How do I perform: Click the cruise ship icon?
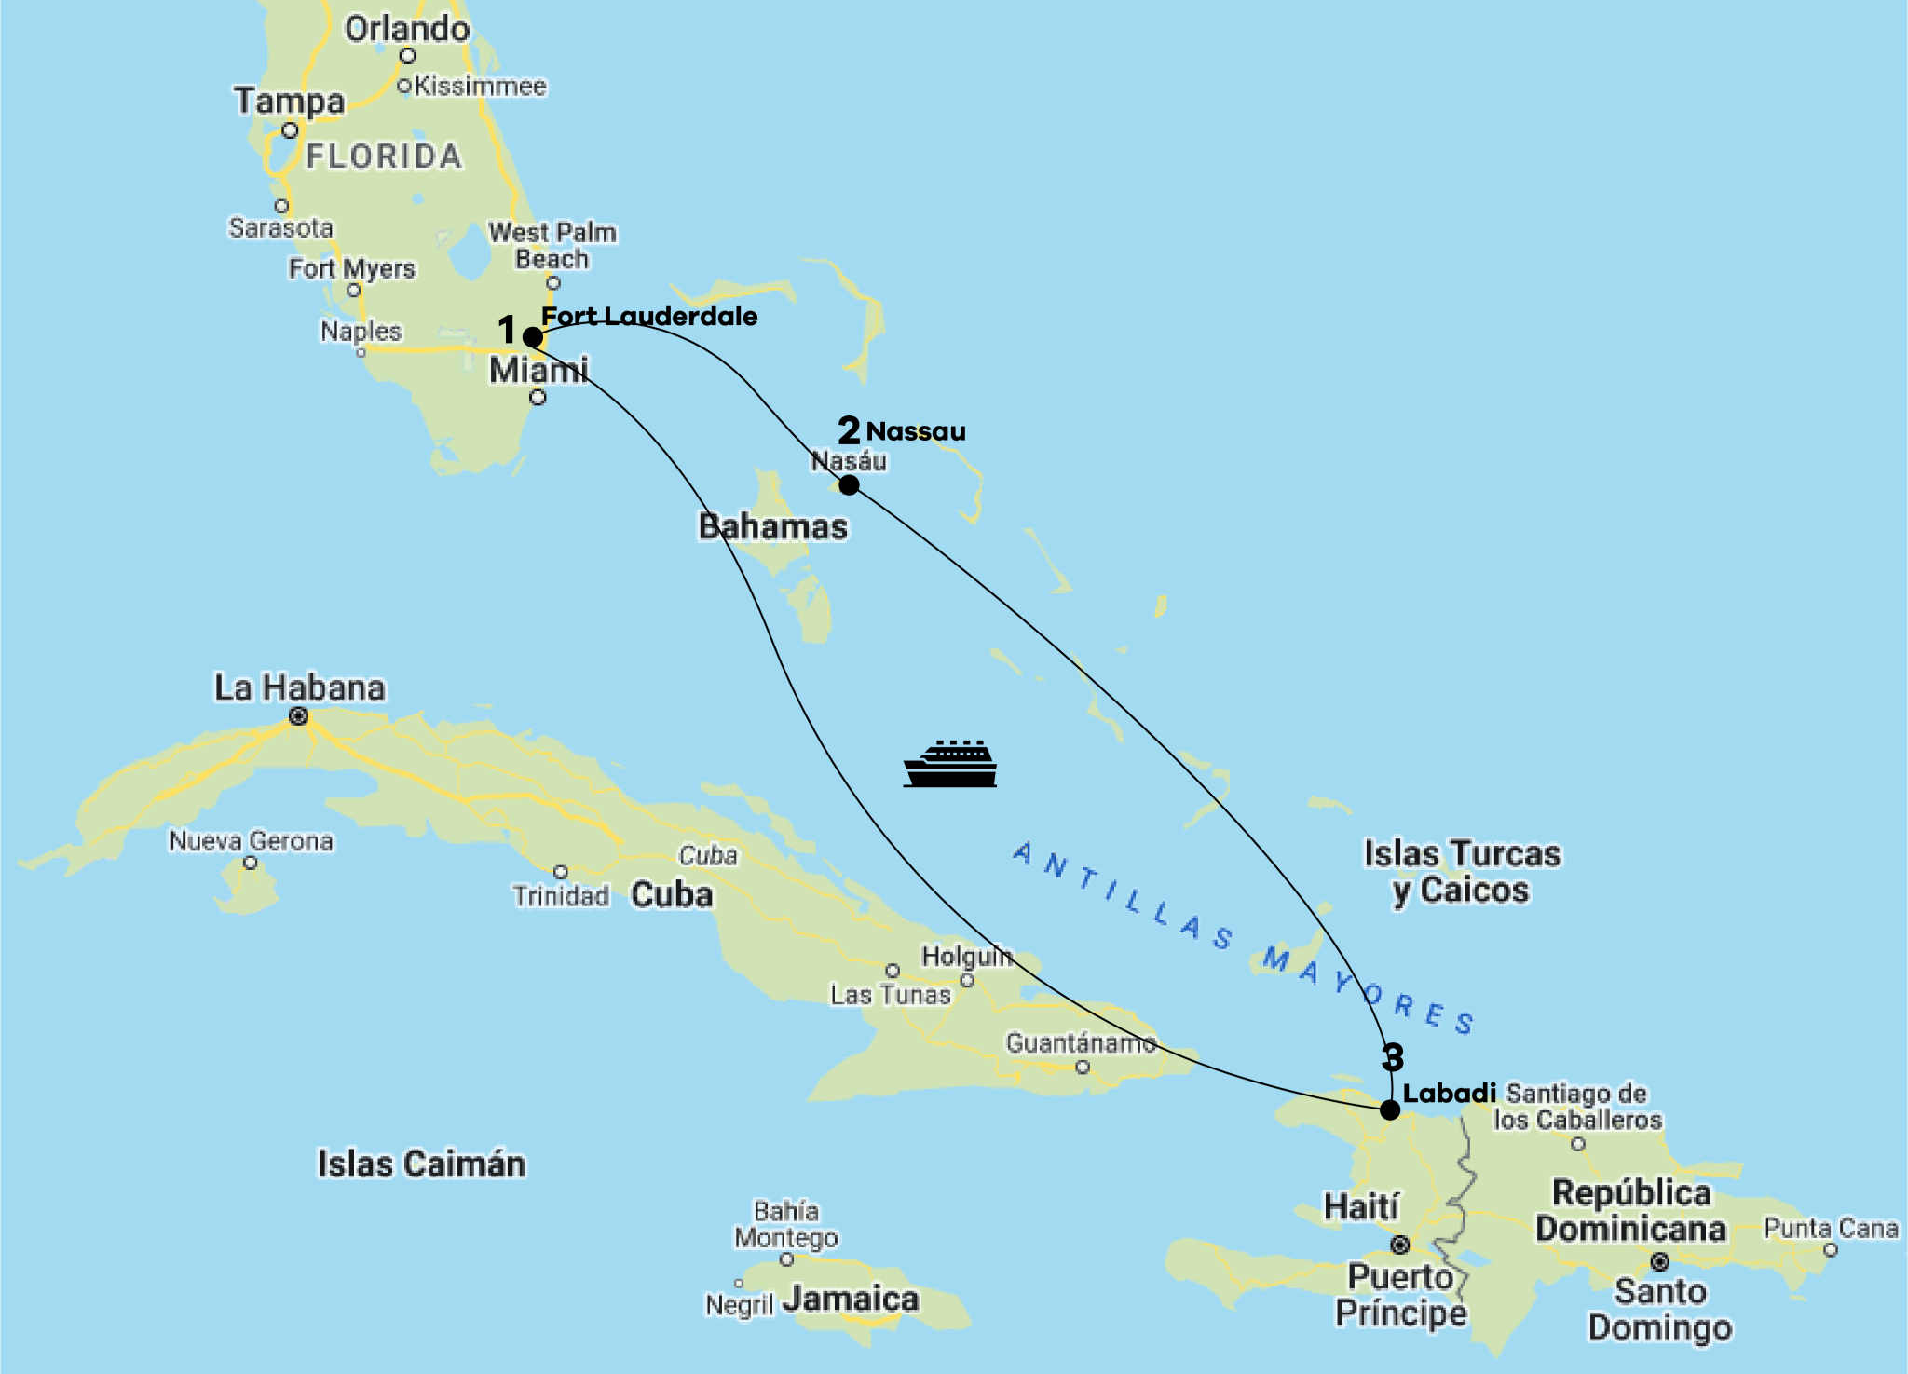pyautogui.click(x=950, y=765)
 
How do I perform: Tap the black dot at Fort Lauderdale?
pyautogui.click(x=533, y=336)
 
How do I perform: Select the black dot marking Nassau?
pyautogui.click(x=849, y=484)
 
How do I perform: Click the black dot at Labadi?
pyautogui.click(x=1390, y=1109)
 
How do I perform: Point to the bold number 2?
pyautogui.click(x=848, y=430)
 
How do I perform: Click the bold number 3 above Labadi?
pyautogui.click(x=1393, y=1057)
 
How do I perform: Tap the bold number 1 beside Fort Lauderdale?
pyautogui.click(x=507, y=329)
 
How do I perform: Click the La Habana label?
pyautogui.click(x=300, y=687)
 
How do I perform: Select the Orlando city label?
pyautogui.click(x=407, y=29)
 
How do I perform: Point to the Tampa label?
pyautogui.click(x=290, y=101)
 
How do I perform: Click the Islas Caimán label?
pyautogui.click(x=421, y=1163)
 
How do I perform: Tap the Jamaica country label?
pyautogui.click(x=851, y=1299)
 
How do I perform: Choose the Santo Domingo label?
pyautogui.click(x=1660, y=1309)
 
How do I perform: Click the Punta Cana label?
pyautogui.click(x=1831, y=1229)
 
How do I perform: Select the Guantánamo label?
pyautogui.click(x=1081, y=1043)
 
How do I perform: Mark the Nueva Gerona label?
pyautogui.click(x=251, y=841)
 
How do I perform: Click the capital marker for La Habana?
pyautogui.click(x=298, y=716)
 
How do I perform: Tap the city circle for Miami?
pyautogui.click(x=538, y=398)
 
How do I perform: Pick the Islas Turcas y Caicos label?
pyautogui.click(x=1462, y=871)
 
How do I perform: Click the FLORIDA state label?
pyautogui.click(x=384, y=156)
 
